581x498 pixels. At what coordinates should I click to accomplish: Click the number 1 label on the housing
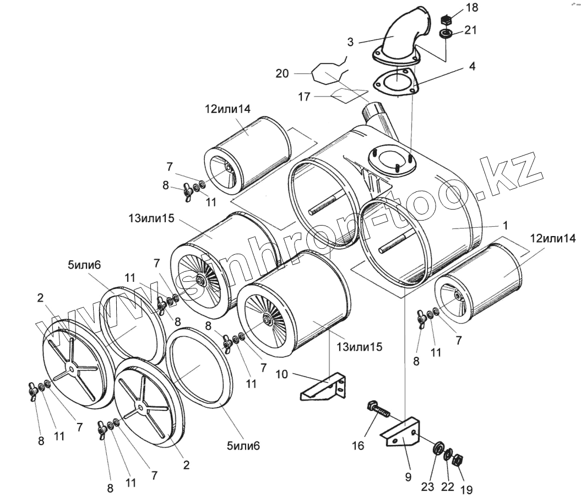505,226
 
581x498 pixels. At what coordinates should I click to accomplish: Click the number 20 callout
282,73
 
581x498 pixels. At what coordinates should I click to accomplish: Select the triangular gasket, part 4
395,83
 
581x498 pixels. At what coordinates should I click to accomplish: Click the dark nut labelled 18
447,20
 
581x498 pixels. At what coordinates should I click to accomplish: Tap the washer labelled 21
446,35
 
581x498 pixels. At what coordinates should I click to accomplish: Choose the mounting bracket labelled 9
403,433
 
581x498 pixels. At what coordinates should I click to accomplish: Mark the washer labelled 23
438,447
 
